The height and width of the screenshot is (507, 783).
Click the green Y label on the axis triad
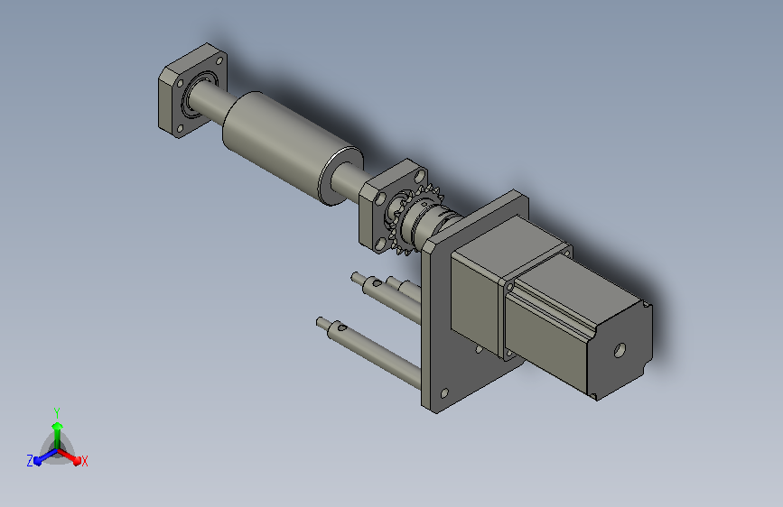pos(57,413)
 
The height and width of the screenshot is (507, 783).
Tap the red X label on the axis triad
pos(84,461)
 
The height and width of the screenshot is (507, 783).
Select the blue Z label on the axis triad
pos(30,461)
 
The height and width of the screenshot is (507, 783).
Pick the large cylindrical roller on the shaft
pos(292,147)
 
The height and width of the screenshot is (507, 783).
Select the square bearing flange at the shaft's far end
pos(192,90)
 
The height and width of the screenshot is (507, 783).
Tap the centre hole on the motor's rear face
pos(620,350)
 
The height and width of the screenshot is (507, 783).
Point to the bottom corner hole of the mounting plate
pos(444,393)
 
